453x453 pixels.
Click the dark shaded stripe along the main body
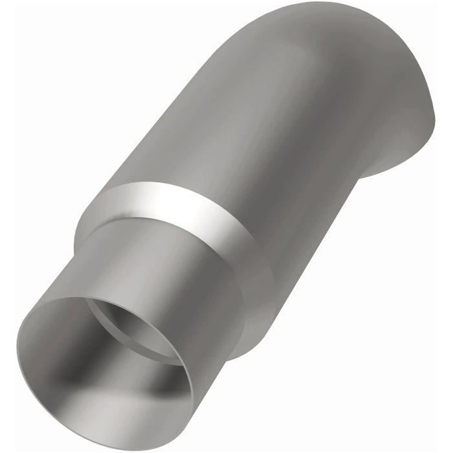point(304,181)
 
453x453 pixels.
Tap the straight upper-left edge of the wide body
point(162,116)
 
